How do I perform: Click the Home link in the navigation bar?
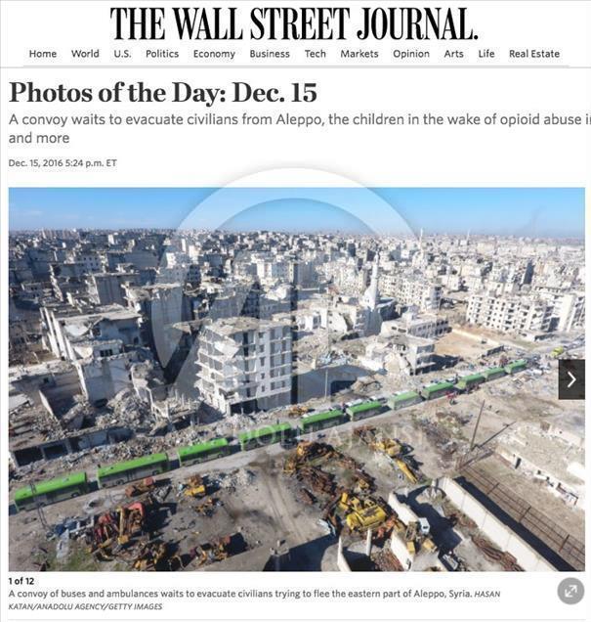[x=43, y=54]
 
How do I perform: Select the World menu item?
[x=85, y=54]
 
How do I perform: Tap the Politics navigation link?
[x=162, y=54]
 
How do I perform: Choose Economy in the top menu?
[x=214, y=54]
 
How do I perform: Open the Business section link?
[x=270, y=54]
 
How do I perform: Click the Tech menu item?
[x=316, y=54]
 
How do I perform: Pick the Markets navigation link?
[x=359, y=54]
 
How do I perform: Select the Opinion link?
[x=411, y=54]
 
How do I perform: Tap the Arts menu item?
[x=454, y=54]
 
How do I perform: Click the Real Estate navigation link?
[x=534, y=54]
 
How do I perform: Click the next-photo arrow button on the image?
[x=571, y=379]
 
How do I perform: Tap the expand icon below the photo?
[x=570, y=591]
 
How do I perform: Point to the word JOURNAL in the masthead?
[x=407, y=23]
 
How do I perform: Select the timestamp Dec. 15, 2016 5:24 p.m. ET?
[x=63, y=163]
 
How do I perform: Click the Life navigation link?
[x=486, y=54]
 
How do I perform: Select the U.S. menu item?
[x=122, y=54]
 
